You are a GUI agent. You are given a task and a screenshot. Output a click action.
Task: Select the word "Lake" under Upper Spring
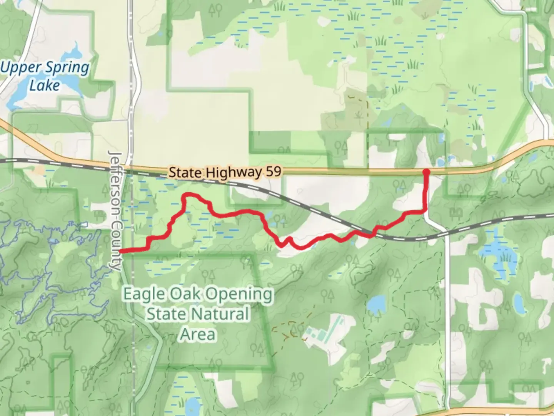pyautogui.click(x=45, y=85)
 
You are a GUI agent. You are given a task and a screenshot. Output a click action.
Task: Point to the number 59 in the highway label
pyautogui.click(x=273, y=171)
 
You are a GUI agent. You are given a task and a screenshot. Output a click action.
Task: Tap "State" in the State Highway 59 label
pyautogui.click(x=185, y=172)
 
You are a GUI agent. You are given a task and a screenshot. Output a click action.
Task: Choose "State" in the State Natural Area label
pyautogui.click(x=165, y=314)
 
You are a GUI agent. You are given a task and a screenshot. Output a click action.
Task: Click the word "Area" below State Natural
pyautogui.click(x=198, y=334)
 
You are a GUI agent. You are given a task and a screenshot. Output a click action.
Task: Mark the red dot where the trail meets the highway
pyautogui.click(x=426, y=172)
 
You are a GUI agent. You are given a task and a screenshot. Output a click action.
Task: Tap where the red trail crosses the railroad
pyautogui.click(x=372, y=233)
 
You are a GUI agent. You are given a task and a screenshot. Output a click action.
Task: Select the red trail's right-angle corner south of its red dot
pyautogui.click(x=426, y=210)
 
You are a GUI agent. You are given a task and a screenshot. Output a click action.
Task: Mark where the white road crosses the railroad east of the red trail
pyautogui.click(x=443, y=233)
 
